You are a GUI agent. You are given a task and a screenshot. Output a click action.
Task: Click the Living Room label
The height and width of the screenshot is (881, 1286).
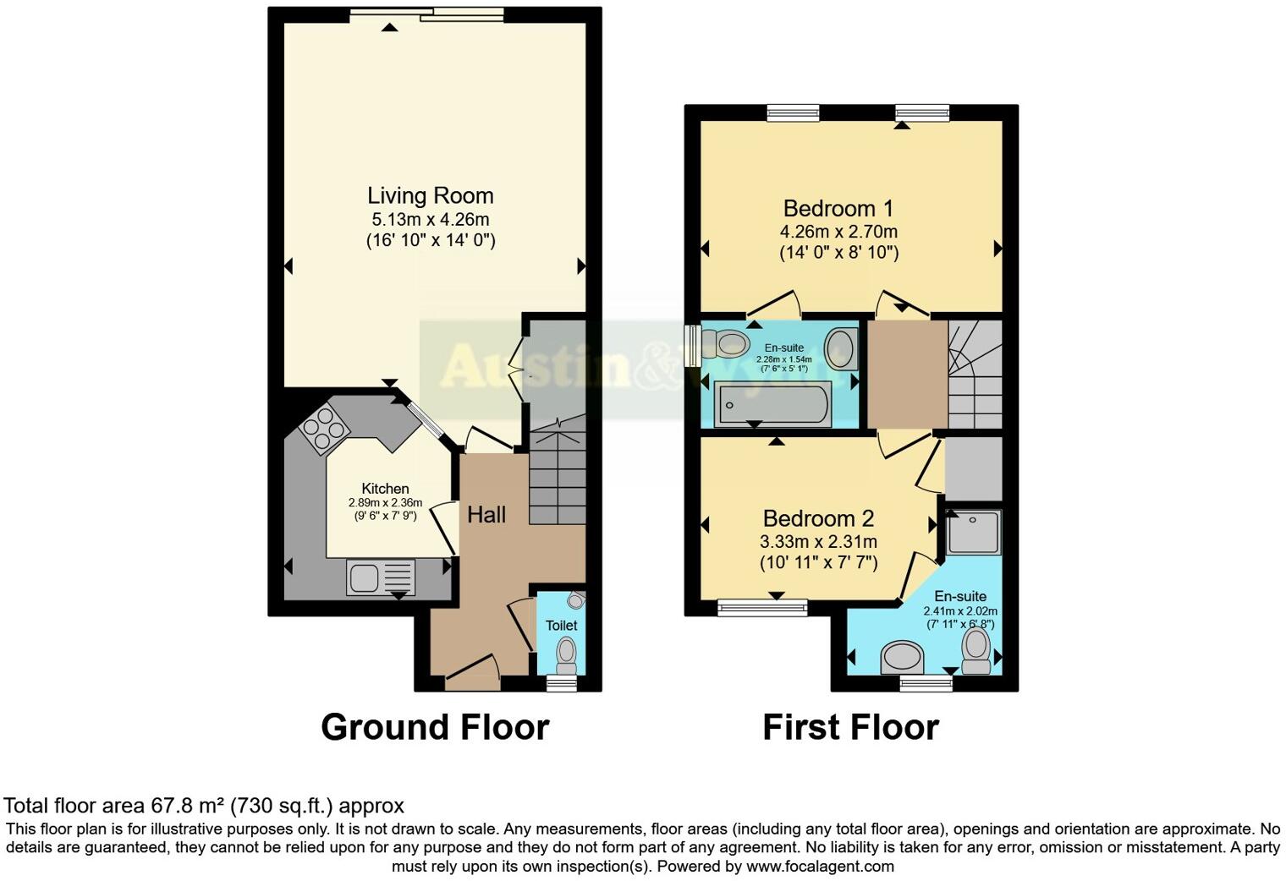[430, 196]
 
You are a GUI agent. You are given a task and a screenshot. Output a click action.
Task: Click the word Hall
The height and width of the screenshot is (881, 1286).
[486, 515]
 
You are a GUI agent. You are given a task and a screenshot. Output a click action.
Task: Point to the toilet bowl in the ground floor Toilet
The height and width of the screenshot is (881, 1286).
[566, 653]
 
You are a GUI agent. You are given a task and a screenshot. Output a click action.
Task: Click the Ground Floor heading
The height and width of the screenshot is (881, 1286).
[435, 727]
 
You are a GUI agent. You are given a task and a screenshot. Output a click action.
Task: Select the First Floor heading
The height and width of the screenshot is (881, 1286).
[850, 727]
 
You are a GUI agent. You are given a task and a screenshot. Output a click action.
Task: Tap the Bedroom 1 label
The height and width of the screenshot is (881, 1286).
[838, 209]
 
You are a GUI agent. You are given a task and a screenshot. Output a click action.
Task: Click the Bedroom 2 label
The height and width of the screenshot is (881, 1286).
[818, 518]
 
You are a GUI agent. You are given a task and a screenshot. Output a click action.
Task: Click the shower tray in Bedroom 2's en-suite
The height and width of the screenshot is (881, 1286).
[973, 531]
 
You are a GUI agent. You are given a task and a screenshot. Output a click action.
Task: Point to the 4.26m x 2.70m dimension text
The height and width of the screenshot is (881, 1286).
[838, 232]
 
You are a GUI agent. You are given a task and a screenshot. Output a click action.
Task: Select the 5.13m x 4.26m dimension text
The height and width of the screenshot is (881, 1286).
[430, 220]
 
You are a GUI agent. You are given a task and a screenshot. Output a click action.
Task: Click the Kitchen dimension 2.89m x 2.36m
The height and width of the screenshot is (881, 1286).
[385, 503]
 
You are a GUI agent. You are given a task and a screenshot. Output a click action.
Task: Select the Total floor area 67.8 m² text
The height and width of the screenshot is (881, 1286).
[204, 806]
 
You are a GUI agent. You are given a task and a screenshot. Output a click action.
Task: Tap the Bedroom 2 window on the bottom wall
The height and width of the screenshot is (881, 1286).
[762, 606]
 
